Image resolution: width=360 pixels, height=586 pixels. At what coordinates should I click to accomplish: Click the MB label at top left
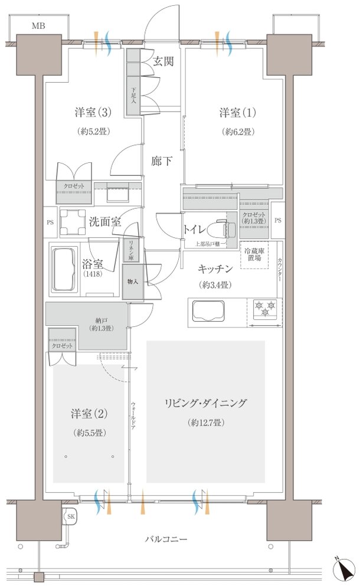tap(38, 25)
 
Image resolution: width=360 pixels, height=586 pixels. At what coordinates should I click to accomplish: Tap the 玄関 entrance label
tap(163, 61)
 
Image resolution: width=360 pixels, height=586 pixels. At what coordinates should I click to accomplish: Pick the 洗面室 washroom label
tap(104, 222)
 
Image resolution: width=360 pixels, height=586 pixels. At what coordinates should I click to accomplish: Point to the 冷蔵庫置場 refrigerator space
tap(255, 255)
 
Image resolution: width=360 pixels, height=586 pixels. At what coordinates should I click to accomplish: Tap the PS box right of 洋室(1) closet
tap(277, 220)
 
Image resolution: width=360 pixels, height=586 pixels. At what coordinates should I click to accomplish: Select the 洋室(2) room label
tap(90, 413)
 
